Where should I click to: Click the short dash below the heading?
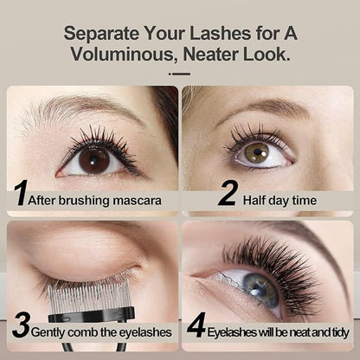click(x=180, y=74)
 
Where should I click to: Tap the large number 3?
click(x=21, y=327)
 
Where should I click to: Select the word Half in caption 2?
click(x=258, y=200)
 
